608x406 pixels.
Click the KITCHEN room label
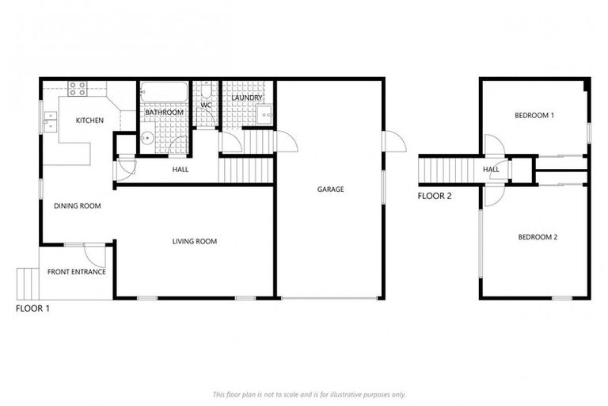pyautogui.click(x=89, y=121)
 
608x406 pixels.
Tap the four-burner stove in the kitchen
pyautogui.click(x=78, y=87)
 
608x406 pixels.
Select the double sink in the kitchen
pyautogui.click(x=51, y=121)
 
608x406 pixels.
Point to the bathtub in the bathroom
pyautogui.click(x=165, y=93)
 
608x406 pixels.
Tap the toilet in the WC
pyautogui.click(x=205, y=90)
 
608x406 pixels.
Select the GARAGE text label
pyautogui.click(x=329, y=190)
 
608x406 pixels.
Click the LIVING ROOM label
pyautogui.click(x=195, y=242)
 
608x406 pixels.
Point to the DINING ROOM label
pyautogui.click(x=77, y=206)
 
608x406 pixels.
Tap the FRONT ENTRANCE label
pyautogui.click(x=77, y=272)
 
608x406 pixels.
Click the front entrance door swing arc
pyautogui.click(x=97, y=255)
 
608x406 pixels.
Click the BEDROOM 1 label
pyautogui.click(x=534, y=116)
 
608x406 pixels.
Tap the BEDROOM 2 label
pyautogui.click(x=538, y=237)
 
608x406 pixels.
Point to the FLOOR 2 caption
pyautogui.click(x=435, y=197)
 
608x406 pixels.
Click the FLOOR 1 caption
pyautogui.click(x=32, y=308)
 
